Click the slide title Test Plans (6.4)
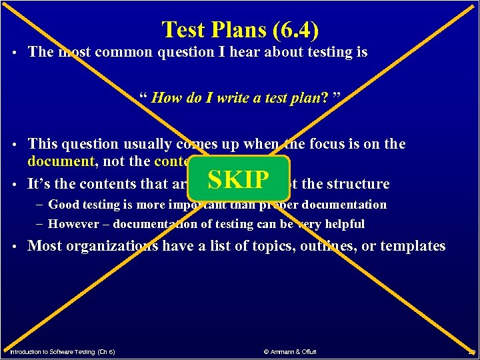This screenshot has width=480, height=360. tap(240, 29)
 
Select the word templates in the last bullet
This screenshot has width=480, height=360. tap(413, 246)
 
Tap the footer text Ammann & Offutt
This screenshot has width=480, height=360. tap(291, 351)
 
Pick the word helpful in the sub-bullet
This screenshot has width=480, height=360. tap(344, 224)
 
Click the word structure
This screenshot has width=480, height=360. tap(359, 184)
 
